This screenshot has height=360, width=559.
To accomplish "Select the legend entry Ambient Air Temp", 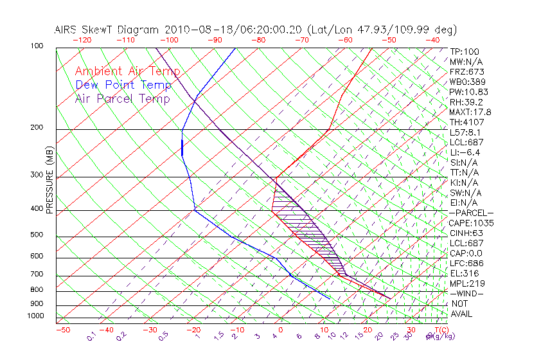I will [x=127, y=71].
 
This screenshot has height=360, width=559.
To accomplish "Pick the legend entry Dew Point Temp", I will [x=123, y=85].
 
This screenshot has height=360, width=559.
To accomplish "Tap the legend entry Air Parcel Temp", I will [x=122, y=98].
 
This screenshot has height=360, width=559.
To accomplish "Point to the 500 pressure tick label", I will [x=37, y=235].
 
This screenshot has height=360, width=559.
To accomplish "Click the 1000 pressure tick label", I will [x=36, y=316].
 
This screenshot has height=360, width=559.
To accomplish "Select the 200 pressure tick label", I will [x=37, y=127].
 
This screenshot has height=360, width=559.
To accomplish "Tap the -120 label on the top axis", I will [x=82, y=40].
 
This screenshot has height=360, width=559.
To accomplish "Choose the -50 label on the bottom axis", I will [x=62, y=330].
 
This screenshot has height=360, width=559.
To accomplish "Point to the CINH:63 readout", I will [x=466, y=233].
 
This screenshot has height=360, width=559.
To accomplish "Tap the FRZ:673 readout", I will [x=466, y=72].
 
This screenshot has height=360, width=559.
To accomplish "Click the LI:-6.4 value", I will [x=464, y=152].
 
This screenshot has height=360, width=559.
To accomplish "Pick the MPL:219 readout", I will [x=466, y=283].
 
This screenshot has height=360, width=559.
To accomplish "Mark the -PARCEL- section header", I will [x=471, y=213].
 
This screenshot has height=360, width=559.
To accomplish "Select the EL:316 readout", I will [x=464, y=273].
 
